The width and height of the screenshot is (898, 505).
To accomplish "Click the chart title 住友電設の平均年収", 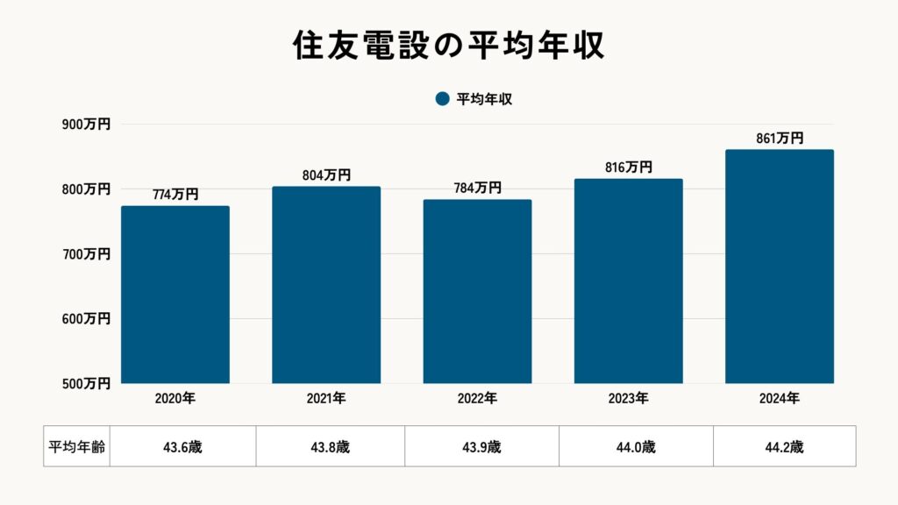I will (x=448, y=46).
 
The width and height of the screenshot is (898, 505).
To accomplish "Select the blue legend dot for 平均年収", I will (x=442, y=99).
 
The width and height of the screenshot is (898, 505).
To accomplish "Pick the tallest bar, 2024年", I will (x=780, y=267).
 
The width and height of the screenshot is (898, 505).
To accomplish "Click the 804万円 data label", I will (x=326, y=175).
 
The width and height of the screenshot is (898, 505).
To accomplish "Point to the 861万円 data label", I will (x=780, y=139).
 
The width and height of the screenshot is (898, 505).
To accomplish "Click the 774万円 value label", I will (x=175, y=195).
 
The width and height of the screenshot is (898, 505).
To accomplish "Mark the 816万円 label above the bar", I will (x=628, y=167).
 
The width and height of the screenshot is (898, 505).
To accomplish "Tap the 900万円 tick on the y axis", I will (x=86, y=125).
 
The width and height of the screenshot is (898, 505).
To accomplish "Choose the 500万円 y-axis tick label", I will (x=86, y=383).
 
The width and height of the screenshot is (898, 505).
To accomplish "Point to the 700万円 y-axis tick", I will (x=86, y=254).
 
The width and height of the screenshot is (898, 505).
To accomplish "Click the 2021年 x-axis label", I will (x=326, y=398).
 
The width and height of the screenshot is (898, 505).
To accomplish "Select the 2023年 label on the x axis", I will (x=628, y=398).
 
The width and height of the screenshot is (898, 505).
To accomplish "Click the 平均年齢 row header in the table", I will (x=76, y=446).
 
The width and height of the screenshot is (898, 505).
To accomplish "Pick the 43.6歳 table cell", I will (x=182, y=446).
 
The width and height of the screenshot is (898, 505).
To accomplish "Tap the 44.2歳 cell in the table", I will (x=784, y=446).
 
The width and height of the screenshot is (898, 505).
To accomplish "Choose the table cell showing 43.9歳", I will (x=481, y=446).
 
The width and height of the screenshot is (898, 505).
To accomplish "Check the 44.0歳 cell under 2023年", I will (x=636, y=446).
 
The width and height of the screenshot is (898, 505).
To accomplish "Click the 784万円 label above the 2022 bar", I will (x=477, y=188).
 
